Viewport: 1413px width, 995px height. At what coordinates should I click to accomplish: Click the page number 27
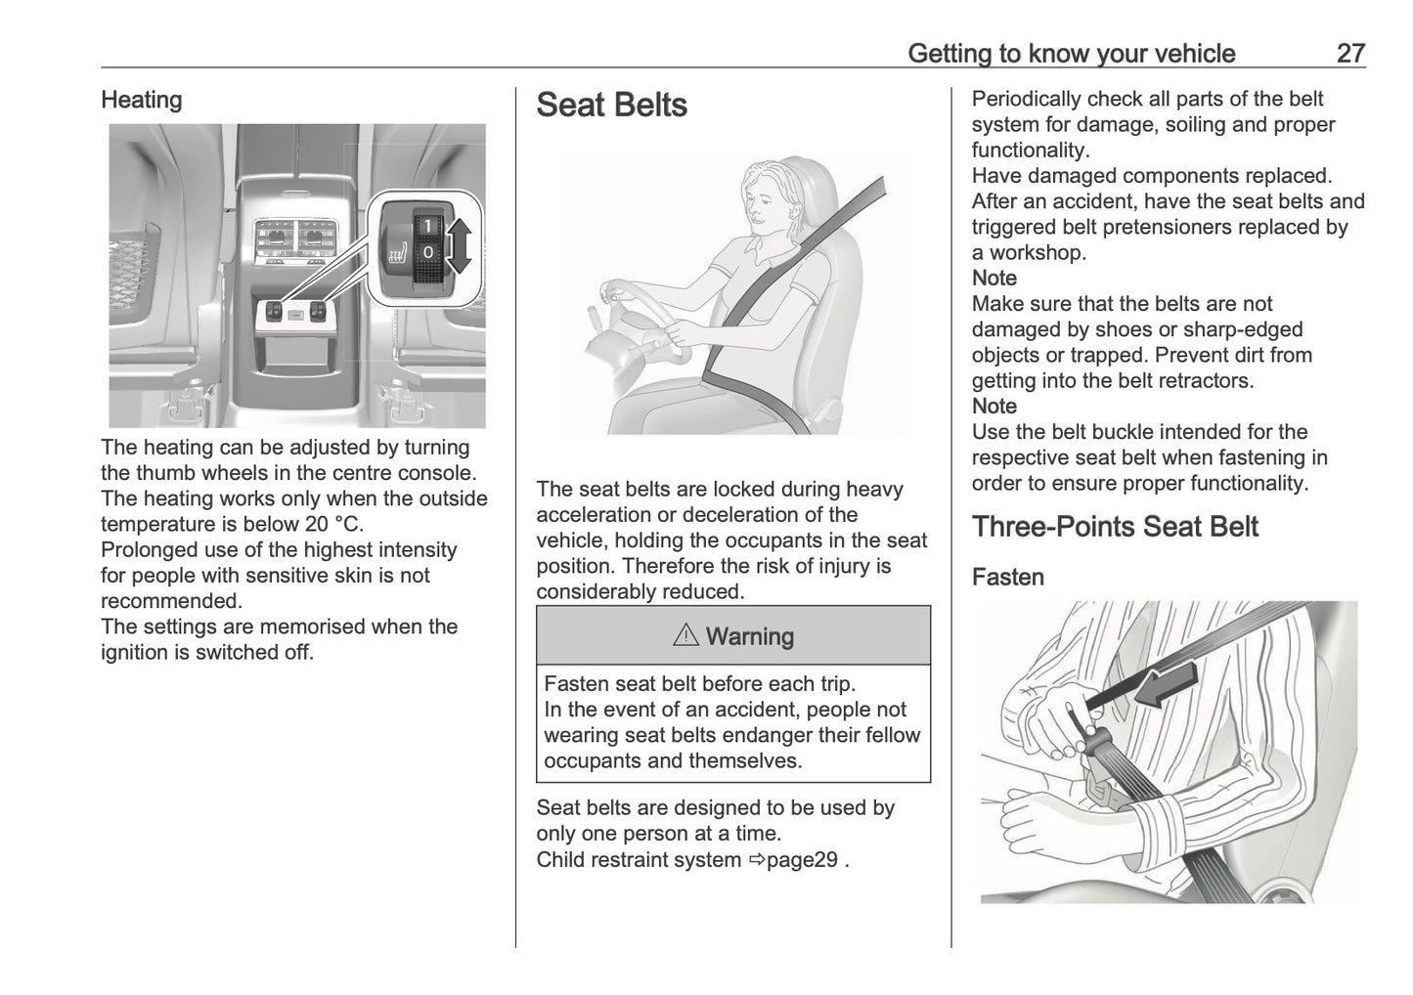coord(1349,53)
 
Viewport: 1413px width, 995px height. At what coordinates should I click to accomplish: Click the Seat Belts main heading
coord(611,106)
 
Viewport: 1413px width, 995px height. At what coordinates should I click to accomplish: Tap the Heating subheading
coord(142,100)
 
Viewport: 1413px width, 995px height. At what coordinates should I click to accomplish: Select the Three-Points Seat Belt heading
coord(1115,527)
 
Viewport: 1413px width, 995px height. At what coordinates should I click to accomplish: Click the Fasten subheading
coord(1007,578)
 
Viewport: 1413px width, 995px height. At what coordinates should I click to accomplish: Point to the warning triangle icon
coord(685,636)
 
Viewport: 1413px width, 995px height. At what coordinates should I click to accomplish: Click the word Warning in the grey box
coord(749,637)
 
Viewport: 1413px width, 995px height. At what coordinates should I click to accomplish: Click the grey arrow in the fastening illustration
coord(1164,687)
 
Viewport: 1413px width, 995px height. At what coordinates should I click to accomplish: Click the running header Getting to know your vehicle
coord(1071,53)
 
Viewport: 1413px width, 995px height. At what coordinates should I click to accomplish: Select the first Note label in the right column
coord(994,279)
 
